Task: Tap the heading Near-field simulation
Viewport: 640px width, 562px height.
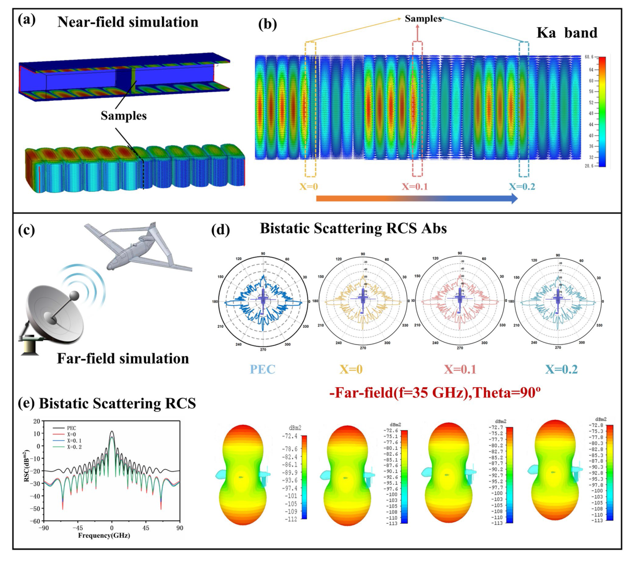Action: (x=128, y=22)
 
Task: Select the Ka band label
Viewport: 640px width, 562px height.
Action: (x=567, y=33)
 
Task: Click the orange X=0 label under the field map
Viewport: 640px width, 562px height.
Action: (x=309, y=187)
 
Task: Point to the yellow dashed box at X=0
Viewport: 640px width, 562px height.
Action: (x=310, y=109)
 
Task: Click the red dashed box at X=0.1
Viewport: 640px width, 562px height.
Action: (x=417, y=109)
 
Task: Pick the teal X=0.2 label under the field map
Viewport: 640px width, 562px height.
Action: (x=522, y=187)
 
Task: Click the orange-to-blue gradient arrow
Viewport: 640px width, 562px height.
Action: (x=417, y=198)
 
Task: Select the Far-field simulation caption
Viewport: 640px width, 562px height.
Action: (x=123, y=359)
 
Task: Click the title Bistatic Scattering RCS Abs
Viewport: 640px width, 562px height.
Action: (x=353, y=229)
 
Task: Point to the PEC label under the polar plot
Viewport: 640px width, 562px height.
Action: (x=263, y=370)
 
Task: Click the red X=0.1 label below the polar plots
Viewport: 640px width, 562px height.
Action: (x=460, y=370)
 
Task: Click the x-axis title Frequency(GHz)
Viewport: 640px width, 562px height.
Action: (x=104, y=535)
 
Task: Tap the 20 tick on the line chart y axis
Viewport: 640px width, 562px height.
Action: (x=37, y=421)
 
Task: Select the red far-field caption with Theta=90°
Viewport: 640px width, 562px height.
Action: (x=435, y=393)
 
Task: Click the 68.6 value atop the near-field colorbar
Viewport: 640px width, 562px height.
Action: (x=589, y=57)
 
